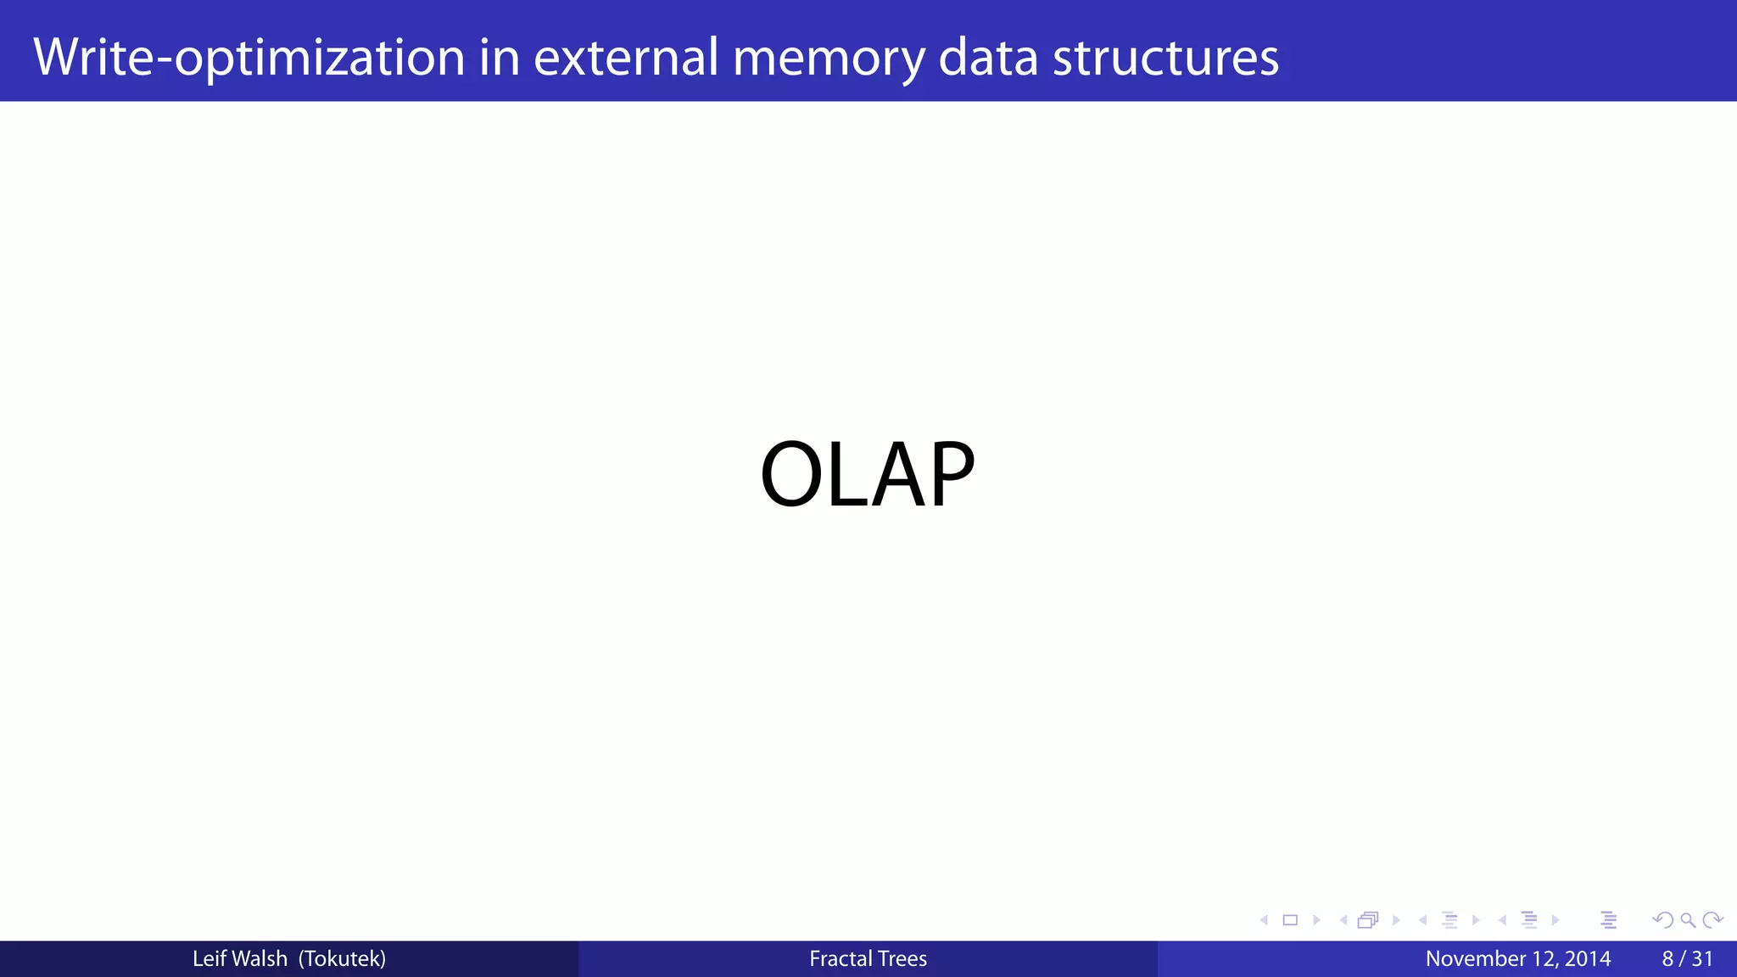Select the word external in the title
(x=626, y=58)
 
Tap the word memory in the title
(x=829, y=58)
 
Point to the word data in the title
(x=988, y=58)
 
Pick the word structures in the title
(x=1165, y=58)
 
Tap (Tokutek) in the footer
(x=342, y=959)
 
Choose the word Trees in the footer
(x=902, y=959)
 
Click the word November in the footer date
(x=1475, y=959)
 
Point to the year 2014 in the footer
(x=1587, y=959)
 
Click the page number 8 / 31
(x=1687, y=959)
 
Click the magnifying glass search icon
(x=1688, y=920)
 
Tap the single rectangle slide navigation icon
(x=1290, y=920)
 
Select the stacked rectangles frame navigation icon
(x=1367, y=920)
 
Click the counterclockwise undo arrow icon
(x=1662, y=920)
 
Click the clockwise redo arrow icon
(x=1712, y=920)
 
